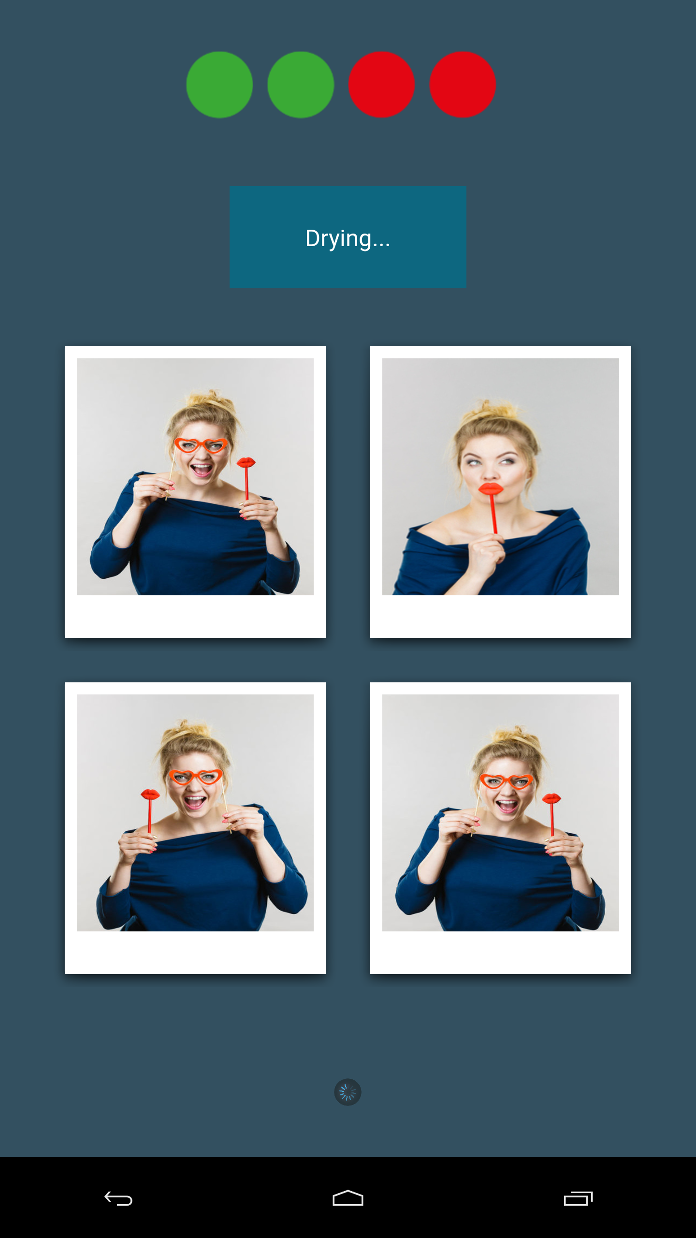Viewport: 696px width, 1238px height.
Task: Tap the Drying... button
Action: point(348,237)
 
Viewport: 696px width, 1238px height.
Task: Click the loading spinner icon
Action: point(348,1092)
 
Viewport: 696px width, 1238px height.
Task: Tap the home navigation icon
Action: point(348,1198)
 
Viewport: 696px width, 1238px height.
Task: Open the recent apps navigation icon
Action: point(578,1198)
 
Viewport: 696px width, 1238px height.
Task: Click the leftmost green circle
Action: point(219,85)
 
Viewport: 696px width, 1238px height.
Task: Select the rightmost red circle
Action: point(463,85)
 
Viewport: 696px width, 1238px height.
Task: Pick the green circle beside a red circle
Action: point(301,85)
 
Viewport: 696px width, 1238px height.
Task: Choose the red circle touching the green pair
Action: point(381,85)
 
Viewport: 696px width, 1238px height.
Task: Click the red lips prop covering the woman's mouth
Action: point(491,489)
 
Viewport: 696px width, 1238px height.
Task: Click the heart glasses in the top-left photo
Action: point(201,445)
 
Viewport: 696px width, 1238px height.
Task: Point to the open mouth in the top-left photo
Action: point(201,469)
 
